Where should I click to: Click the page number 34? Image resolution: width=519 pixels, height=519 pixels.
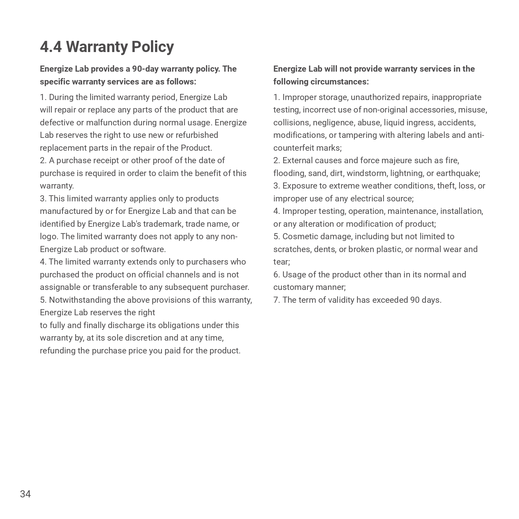(25, 494)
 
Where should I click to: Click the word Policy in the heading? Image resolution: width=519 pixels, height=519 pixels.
(152, 47)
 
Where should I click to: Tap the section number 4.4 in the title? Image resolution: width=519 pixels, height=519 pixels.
(51, 47)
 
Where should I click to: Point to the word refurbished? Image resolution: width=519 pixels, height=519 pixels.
(197, 135)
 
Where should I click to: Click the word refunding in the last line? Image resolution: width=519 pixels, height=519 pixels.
(58, 351)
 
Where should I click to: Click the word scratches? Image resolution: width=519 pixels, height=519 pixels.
(292, 249)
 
